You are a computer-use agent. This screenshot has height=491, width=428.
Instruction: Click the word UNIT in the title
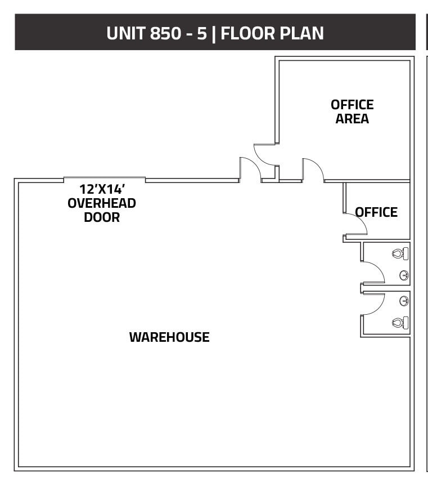pyautogui.click(x=126, y=33)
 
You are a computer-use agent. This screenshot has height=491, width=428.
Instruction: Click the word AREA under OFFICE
pyautogui.click(x=352, y=119)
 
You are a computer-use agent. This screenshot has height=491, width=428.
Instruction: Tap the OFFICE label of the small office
pyautogui.click(x=376, y=212)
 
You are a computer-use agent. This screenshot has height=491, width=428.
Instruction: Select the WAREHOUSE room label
pyautogui.click(x=169, y=337)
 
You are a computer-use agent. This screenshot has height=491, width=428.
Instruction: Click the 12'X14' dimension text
pyautogui.click(x=102, y=189)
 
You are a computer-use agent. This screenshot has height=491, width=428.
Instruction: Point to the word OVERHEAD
pyautogui.click(x=102, y=203)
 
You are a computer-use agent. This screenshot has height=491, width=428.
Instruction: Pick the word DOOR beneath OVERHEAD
pyautogui.click(x=102, y=217)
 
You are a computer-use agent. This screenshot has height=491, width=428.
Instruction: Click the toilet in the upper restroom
pyautogui.click(x=400, y=254)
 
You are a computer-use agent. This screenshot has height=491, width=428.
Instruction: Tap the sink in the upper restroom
pyautogui.click(x=404, y=275)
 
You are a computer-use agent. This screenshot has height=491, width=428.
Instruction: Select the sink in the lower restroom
pyautogui.click(x=404, y=301)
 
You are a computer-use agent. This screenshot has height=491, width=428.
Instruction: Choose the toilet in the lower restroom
pyautogui.click(x=400, y=323)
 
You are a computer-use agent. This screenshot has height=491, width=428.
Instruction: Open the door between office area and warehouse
pyautogui.click(x=313, y=170)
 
